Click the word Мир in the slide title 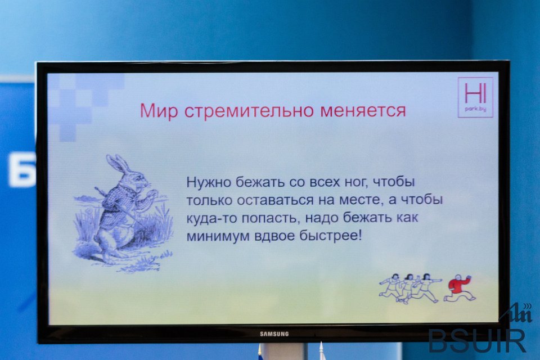pos(159,111)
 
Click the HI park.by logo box pos(475,97)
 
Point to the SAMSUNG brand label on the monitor pos(274,334)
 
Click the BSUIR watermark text pos(478,340)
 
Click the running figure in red pos(460,288)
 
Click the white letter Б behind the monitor pos(21,170)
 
